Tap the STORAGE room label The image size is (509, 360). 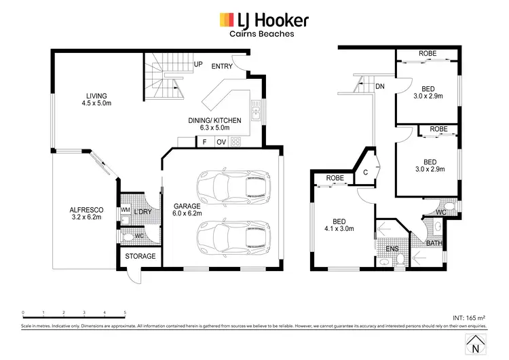[140, 256]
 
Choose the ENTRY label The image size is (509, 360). [222, 66]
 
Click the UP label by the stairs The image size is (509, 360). [199, 65]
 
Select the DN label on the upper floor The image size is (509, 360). [380, 86]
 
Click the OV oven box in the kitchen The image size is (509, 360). [221, 142]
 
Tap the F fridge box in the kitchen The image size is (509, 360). [204, 142]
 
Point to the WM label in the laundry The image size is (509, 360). [125, 211]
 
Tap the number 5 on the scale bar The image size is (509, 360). [125, 313]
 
